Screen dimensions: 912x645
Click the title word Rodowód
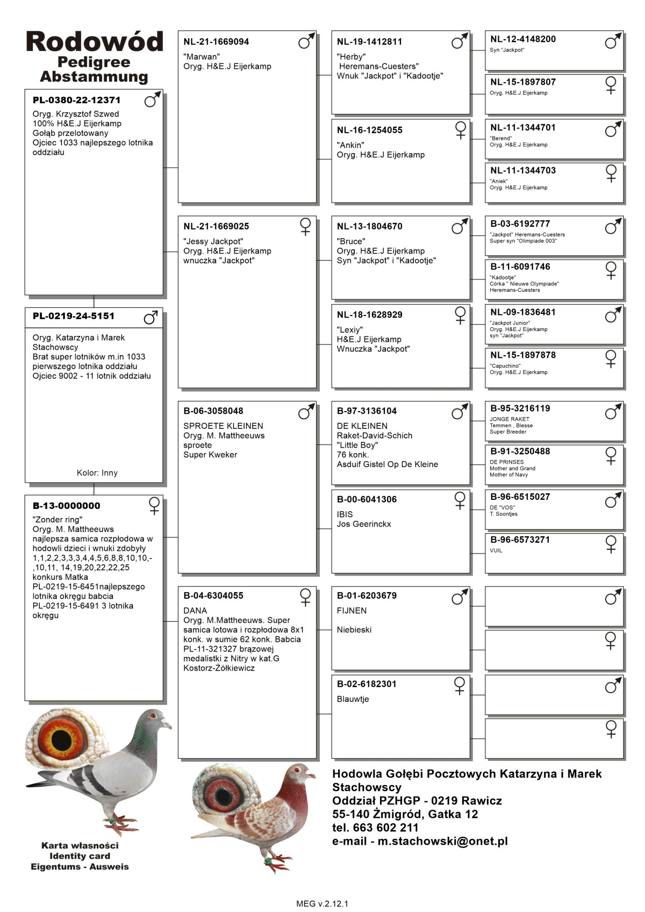[94, 42]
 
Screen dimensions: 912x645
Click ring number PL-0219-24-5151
[73, 316]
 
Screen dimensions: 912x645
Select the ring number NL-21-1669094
[216, 42]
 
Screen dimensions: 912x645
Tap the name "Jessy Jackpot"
[213, 241]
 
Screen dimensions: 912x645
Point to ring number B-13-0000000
[66, 506]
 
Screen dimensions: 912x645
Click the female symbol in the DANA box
[305, 597]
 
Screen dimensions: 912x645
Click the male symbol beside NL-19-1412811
[460, 41]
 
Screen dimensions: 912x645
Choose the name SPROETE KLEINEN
[223, 426]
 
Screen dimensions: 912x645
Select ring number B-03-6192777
[520, 224]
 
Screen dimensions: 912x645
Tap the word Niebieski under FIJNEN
[354, 630]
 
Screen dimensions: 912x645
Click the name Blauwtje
[353, 699]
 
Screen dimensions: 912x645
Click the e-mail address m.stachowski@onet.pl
[442, 841]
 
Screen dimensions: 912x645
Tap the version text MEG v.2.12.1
[322, 903]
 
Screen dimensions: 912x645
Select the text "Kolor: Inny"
[97, 473]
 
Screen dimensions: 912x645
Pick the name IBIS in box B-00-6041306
[345, 514]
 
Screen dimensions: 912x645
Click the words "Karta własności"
[80, 845]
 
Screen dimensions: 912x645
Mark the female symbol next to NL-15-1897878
[611, 358]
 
